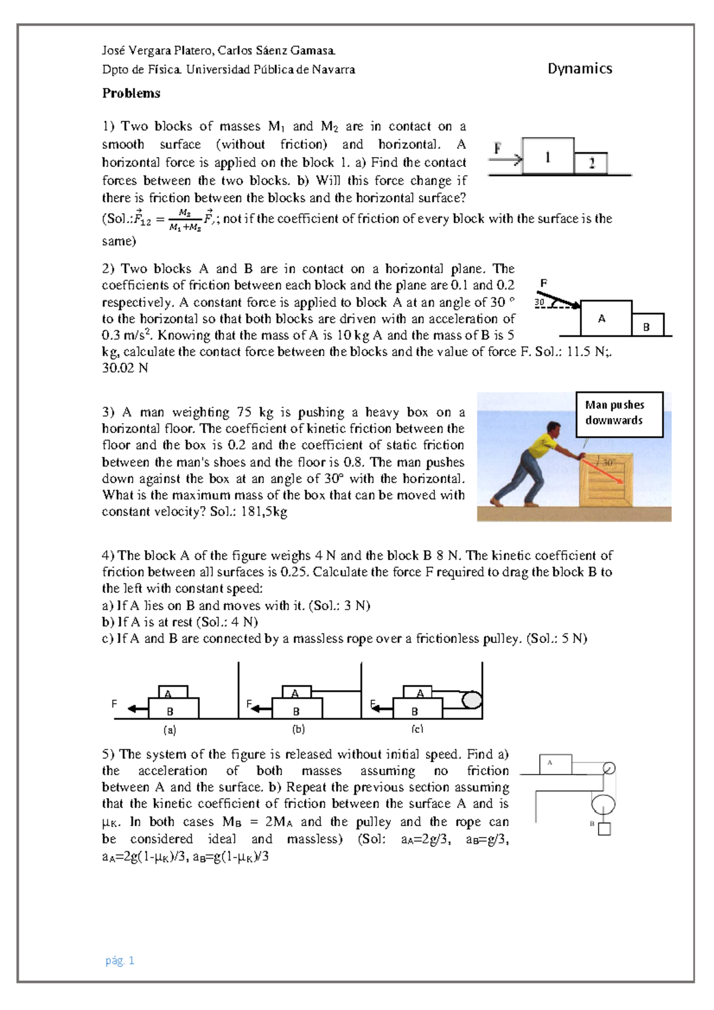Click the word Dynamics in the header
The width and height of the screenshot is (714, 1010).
(x=580, y=69)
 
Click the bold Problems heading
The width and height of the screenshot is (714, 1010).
(x=131, y=93)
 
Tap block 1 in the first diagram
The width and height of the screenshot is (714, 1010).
(x=548, y=156)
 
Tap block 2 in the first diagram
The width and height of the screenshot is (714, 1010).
(x=591, y=163)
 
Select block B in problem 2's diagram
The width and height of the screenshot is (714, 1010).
(x=647, y=325)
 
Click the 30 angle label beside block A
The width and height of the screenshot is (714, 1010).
(x=540, y=302)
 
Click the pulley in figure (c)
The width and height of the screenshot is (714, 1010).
(x=472, y=700)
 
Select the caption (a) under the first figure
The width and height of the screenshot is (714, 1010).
(x=170, y=729)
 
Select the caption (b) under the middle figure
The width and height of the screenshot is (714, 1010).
(x=298, y=729)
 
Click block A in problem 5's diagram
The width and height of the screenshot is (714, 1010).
(x=555, y=764)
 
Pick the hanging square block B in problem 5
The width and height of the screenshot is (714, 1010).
(x=604, y=829)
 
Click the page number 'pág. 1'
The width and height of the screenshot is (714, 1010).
(x=120, y=960)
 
